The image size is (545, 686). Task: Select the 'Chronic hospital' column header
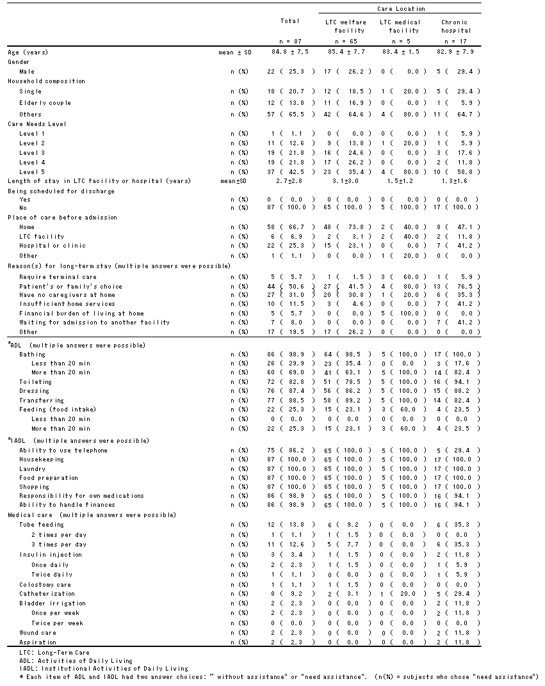[455, 26]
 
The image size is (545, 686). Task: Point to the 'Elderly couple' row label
[45, 103]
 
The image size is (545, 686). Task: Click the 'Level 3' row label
[32, 153]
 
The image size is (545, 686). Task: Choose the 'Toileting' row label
[35, 381]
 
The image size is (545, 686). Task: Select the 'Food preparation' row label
[49, 478]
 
